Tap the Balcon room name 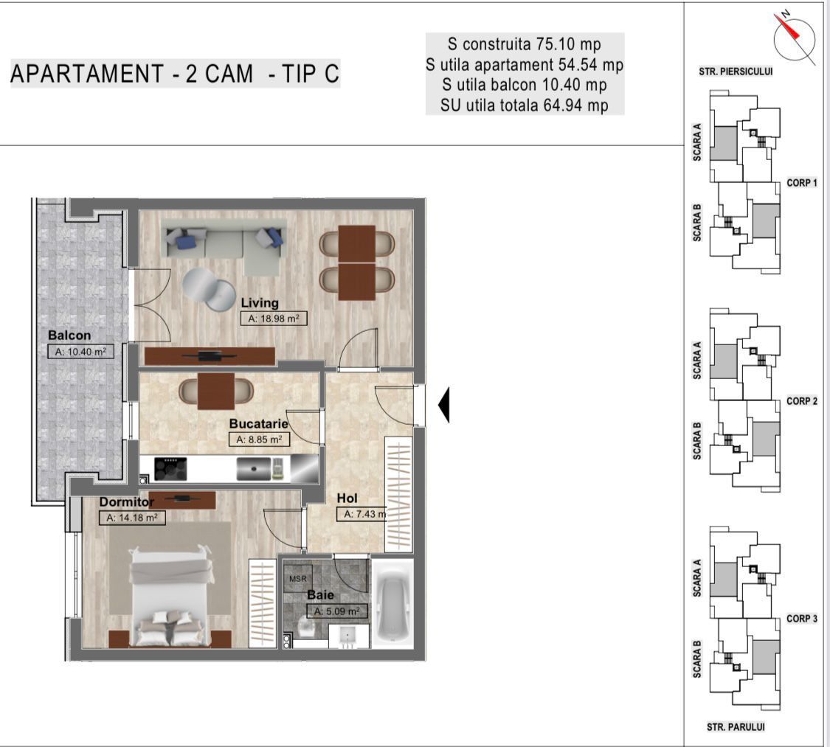pos(69,336)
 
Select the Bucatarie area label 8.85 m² pos(259,439)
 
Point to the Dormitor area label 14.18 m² pos(132,518)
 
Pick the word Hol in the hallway pos(347,498)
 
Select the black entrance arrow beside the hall pos(443,405)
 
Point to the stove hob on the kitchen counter pos(170,469)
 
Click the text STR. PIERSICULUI pos(735,72)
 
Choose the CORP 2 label pos(802,401)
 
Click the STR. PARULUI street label pos(736,727)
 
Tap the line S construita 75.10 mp pos(525,44)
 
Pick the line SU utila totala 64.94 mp pos(525,105)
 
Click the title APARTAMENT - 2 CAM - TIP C pos(175,74)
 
